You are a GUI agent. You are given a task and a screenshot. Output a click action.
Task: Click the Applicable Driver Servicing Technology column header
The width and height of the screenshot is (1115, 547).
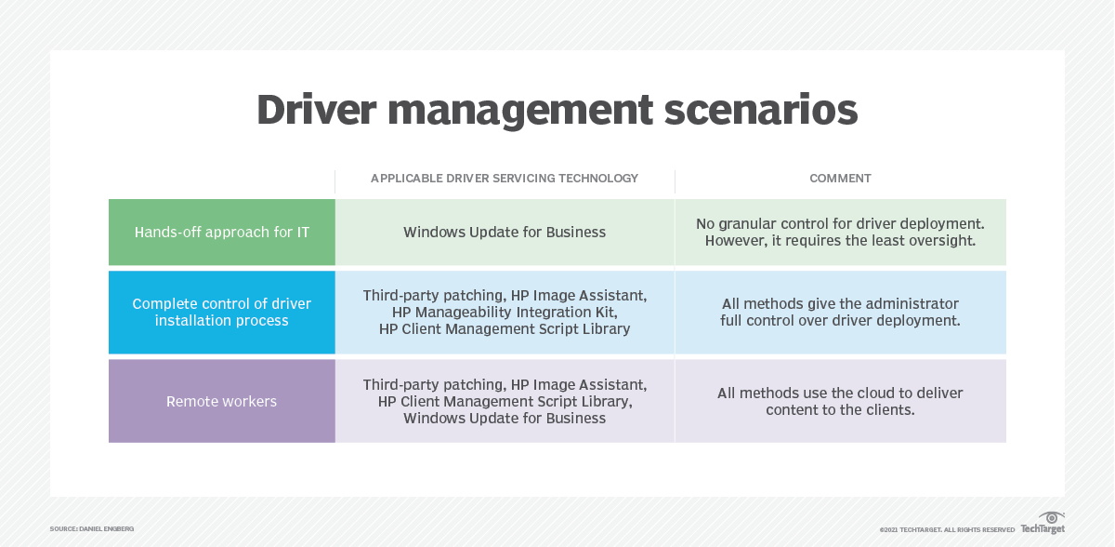coord(505,179)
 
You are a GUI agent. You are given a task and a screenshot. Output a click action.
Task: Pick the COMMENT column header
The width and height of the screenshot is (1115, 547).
coord(840,179)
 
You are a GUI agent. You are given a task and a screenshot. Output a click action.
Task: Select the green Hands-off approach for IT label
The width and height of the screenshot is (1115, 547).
coord(222,233)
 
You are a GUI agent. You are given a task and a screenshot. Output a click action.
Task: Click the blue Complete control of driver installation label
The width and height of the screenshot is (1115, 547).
coord(222,313)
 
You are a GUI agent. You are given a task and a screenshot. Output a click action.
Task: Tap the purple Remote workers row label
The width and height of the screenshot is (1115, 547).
coord(222,402)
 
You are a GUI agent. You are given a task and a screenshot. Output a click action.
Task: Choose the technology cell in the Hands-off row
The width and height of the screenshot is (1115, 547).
coord(505,233)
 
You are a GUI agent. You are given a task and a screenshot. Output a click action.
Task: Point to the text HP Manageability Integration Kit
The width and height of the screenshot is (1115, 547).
coord(505,313)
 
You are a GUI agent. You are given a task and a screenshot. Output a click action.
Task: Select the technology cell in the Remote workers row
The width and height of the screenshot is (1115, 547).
coord(505,402)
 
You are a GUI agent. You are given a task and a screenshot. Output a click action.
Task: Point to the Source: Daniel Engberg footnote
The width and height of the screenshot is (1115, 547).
coord(92,529)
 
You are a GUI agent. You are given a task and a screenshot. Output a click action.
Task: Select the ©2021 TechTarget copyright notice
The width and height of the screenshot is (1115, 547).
coord(947,530)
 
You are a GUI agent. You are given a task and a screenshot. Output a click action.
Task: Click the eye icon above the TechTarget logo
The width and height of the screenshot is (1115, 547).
coord(1052,517)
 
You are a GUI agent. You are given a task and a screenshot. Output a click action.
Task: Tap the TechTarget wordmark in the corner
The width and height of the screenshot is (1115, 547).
coord(1043,529)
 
